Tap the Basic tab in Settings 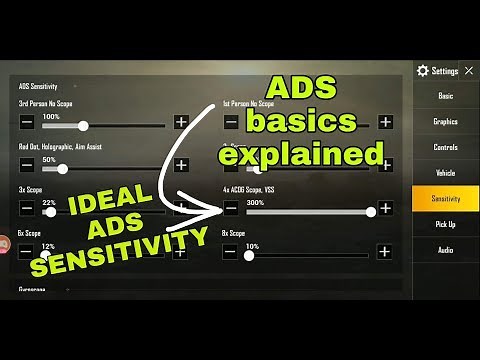coord(445,95)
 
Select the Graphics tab coord(445,121)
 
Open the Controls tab coord(445,147)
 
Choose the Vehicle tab coord(445,173)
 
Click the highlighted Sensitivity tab coord(445,199)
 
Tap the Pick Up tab coord(445,225)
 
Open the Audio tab coord(445,250)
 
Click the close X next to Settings coord(469,71)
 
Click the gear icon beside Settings coord(423,71)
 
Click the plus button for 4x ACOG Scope coord(385,210)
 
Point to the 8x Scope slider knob coord(249,255)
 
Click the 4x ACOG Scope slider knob coord(371,210)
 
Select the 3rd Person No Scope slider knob coord(83,125)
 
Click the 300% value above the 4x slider coord(254,201)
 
